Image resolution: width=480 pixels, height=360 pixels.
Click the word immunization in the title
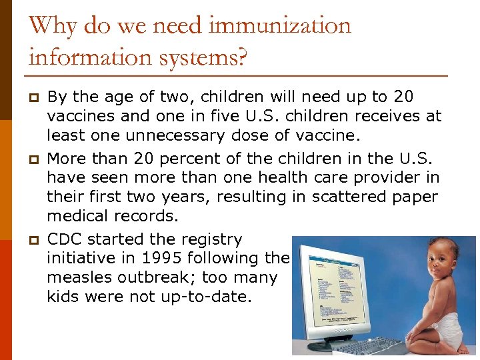pos(279,26)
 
